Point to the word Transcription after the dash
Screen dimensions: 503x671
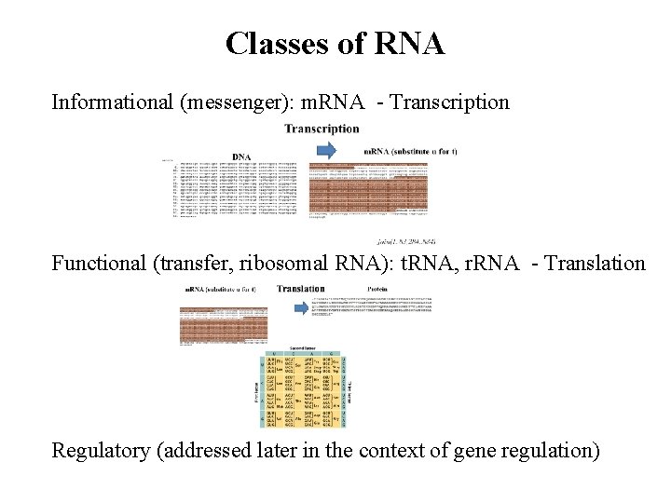coord(450,102)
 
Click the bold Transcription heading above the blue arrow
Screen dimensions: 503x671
coord(322,129)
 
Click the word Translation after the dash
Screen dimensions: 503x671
coord(596,263)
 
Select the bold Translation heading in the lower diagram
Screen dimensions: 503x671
coord(300,289)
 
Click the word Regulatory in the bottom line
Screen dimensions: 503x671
coord(101,451)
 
